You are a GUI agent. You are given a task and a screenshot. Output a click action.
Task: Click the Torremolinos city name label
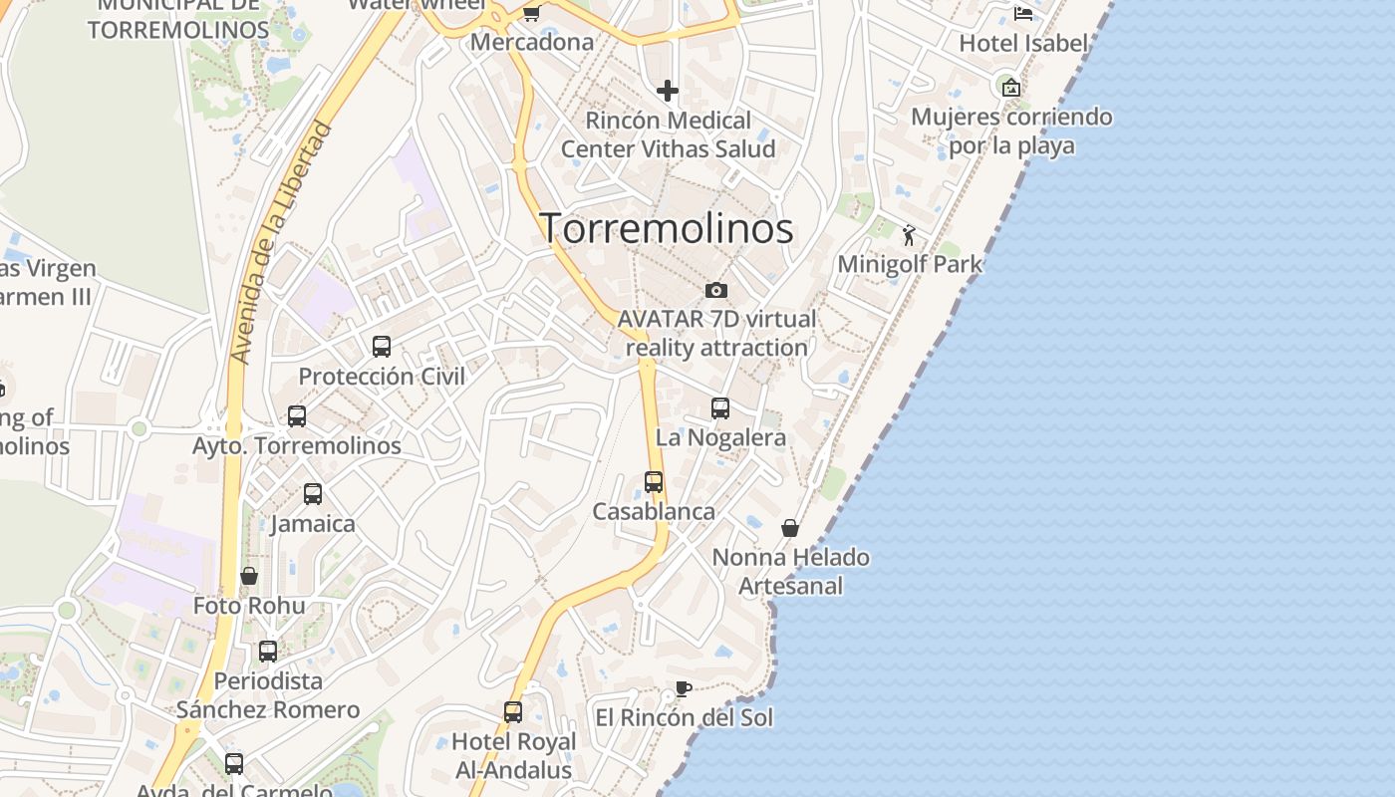[666, 229]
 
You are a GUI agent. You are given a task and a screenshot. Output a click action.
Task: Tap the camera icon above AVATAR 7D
[715, 291]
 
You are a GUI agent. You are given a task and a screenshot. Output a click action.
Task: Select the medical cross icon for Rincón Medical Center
[667, 92]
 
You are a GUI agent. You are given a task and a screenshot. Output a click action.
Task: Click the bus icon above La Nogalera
[719, 408]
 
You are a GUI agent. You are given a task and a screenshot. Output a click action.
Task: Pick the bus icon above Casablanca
[654, 482]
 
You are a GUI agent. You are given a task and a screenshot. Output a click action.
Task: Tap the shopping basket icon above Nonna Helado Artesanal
[790, 528]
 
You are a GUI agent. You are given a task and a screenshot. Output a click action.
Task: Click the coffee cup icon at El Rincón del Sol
[683, 688]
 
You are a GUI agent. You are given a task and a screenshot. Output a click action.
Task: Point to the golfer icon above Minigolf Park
[909, 236]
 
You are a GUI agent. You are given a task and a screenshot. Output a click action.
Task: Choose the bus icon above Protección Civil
[382, 347]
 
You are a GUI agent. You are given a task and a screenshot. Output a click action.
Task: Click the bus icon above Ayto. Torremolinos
[297, 416]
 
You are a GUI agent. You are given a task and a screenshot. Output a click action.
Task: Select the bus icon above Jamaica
[313, 494]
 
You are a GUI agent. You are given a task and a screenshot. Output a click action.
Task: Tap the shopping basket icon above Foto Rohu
[249, 577]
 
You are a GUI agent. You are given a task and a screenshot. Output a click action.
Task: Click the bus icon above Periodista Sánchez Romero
[268, 652]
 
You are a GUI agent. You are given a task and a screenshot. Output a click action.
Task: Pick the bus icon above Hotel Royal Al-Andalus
[513, 712]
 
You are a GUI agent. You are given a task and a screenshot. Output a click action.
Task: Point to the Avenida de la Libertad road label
[281, 242]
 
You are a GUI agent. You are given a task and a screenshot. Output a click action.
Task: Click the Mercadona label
[532, 42]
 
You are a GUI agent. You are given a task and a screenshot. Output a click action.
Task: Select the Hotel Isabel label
[1023, 44]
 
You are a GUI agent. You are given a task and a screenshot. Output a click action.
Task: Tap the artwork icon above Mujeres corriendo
[1011, 88]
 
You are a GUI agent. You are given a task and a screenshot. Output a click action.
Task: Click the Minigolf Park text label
[910, 265]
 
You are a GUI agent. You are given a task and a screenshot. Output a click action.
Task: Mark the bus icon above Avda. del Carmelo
[234, 764]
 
